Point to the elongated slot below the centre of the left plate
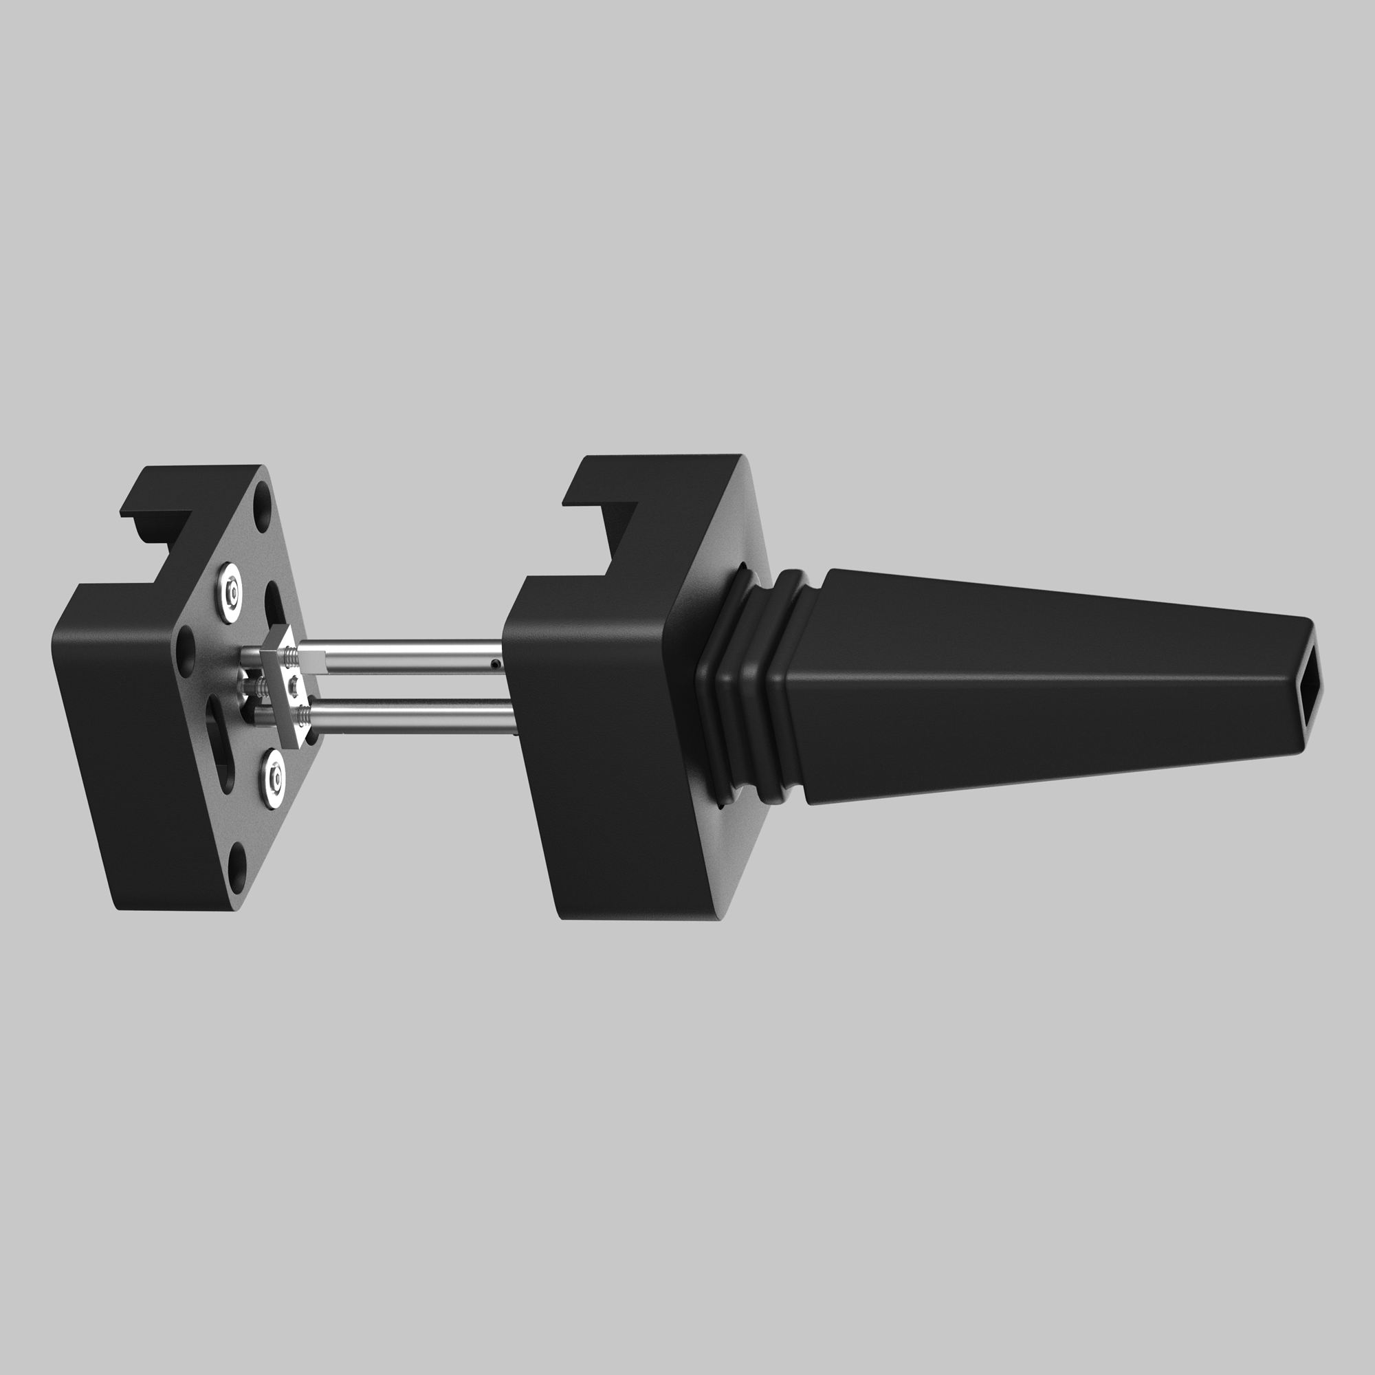pyautogui.click(x=219, y=740)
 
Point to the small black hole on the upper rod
pyautogui.click(x=494, y=665)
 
